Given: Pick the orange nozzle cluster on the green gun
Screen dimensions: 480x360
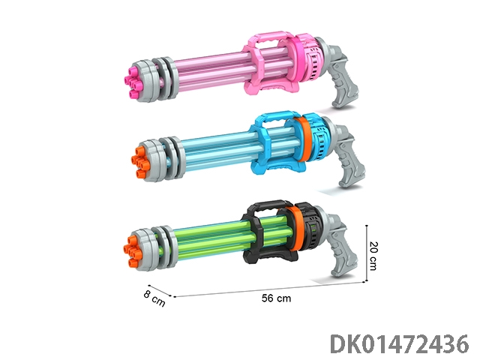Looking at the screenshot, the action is pyautogui.click(x=133, y=250).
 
